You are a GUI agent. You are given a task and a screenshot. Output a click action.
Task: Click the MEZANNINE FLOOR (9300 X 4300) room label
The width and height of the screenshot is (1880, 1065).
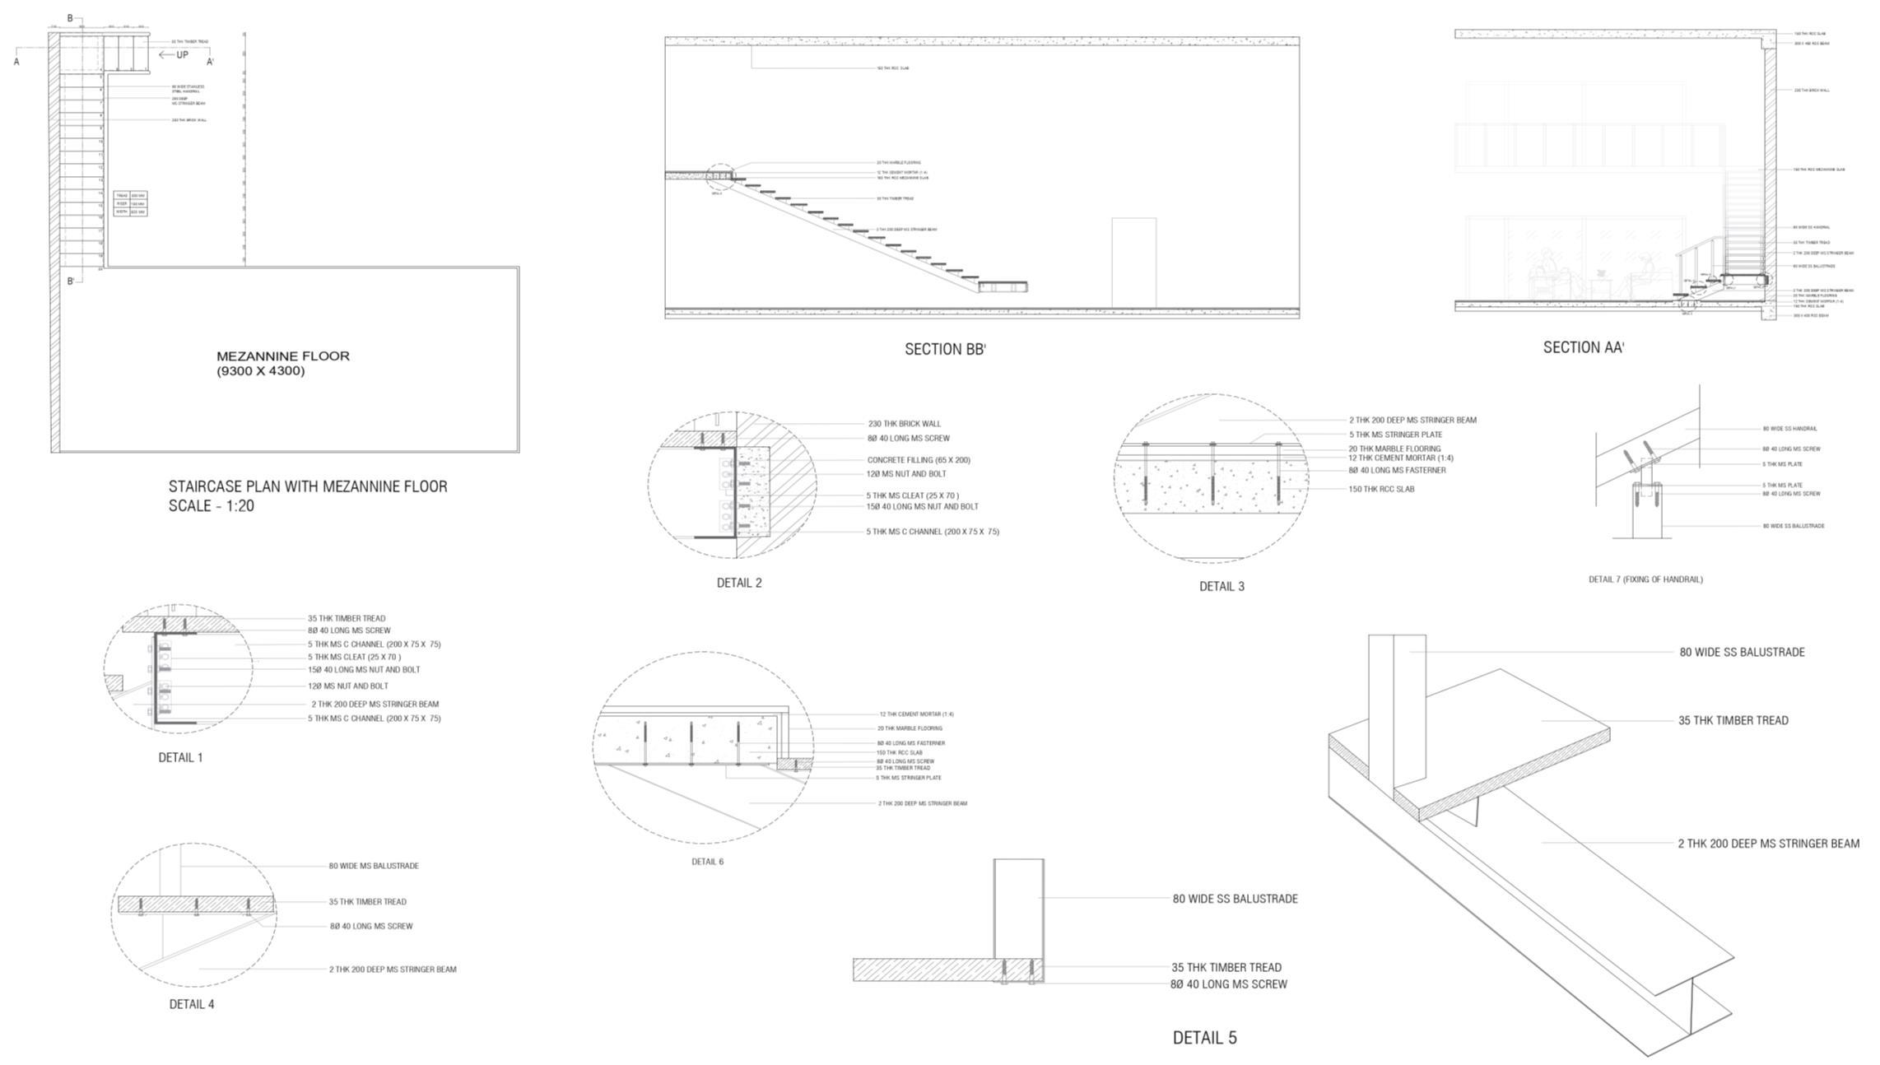coord(282,363)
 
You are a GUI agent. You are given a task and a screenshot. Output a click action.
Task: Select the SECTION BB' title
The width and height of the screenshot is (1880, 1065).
coord(945,349)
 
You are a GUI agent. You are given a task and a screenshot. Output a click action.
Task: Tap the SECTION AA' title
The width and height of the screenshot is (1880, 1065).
coord(1583,347)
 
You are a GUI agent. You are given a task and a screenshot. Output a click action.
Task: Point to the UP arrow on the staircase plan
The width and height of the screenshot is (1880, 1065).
coord(174,55)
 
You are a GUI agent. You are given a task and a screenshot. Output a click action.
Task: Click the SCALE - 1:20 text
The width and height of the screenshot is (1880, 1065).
coord(211,506)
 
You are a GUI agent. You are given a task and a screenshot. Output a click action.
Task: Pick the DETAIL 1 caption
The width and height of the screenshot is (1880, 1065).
coord(180,757)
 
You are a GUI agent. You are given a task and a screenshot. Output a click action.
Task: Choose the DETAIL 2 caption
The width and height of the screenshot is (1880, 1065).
coord(739,583)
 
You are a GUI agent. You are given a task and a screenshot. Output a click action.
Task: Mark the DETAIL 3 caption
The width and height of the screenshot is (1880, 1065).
coord(1222,586)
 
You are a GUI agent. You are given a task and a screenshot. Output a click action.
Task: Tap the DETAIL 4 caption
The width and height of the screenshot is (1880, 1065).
coord(192,1004)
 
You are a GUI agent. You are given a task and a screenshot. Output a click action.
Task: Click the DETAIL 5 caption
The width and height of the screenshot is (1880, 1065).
coord(1204,1038)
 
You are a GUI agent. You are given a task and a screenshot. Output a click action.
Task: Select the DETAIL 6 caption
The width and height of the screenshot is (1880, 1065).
coord(707,862)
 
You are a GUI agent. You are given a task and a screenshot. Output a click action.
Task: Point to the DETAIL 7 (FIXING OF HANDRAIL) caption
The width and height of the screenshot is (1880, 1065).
coord(1645,579)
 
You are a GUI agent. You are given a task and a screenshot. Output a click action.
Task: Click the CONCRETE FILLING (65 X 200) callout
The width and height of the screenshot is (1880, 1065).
coord(919,460)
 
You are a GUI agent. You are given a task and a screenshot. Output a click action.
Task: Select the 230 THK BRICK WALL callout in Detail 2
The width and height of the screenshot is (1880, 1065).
coord(904,424)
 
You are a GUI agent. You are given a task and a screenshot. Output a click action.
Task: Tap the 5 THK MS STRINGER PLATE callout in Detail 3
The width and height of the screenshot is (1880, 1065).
coord(1395,435)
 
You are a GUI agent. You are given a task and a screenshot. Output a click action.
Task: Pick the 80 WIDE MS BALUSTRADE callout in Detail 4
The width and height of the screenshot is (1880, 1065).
coord(374,866)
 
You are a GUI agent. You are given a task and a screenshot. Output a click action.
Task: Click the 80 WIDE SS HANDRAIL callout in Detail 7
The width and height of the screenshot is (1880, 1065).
coord(1789,429)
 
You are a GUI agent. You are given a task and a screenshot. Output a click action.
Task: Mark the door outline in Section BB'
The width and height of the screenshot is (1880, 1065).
coord(1133,263)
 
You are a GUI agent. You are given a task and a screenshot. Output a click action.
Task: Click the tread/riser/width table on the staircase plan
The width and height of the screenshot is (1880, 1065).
coord(130,203)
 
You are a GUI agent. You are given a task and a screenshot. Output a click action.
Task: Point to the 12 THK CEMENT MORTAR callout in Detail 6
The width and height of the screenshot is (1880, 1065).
coord(916,714)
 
